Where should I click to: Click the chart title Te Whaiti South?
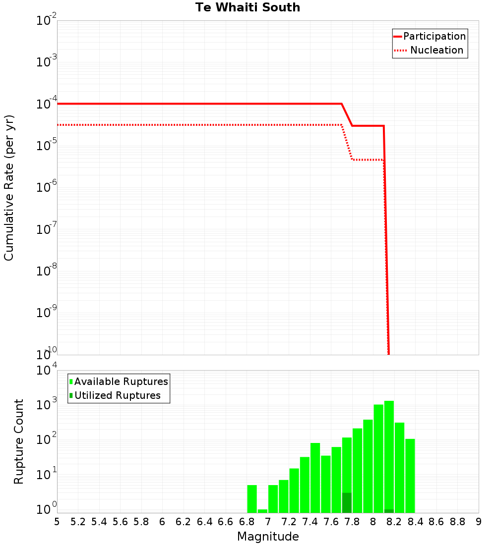click(248, 7)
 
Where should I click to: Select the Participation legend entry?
click(434, 36)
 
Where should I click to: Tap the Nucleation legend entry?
click(436, 50)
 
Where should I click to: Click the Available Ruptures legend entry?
click(121, 381)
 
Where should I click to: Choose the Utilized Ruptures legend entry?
click(117, 395)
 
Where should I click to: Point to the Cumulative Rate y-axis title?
click(9, 187)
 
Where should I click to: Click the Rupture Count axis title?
click(19, 441)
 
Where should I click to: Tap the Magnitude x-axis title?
click(268, 537)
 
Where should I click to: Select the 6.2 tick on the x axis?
click(184, 522)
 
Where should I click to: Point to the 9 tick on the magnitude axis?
click(479, 522)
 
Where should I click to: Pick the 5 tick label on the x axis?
click(57, 522)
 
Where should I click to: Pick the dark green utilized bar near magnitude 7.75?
click(347, 502)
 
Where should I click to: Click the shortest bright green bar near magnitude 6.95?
click(262, 511)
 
